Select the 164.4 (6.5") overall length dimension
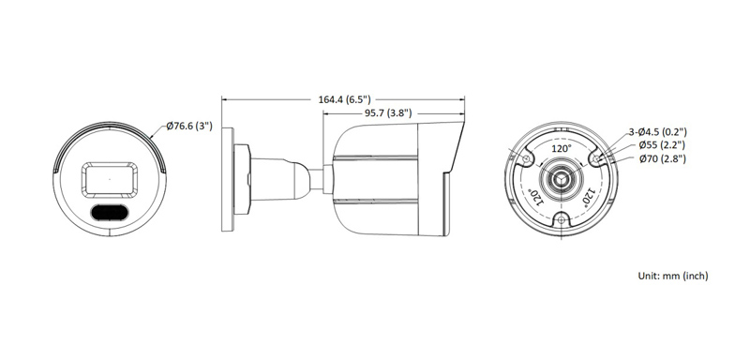(x=345, y=98)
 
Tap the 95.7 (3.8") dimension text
(x=385, y=112)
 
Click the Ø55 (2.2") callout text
(x=662, y=145)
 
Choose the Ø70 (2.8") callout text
(x=662, y=159)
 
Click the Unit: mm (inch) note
(x=672, y=276)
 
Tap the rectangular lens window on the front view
(x=111, y=177)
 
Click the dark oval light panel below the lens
(x=111, y=213)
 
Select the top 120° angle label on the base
(x=561, y=149)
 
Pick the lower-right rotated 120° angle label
(x=589, y=195)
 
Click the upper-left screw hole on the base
(x=528, y=158)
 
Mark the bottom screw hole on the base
(x=561, y=219)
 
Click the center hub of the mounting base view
(x=561, y=180)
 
